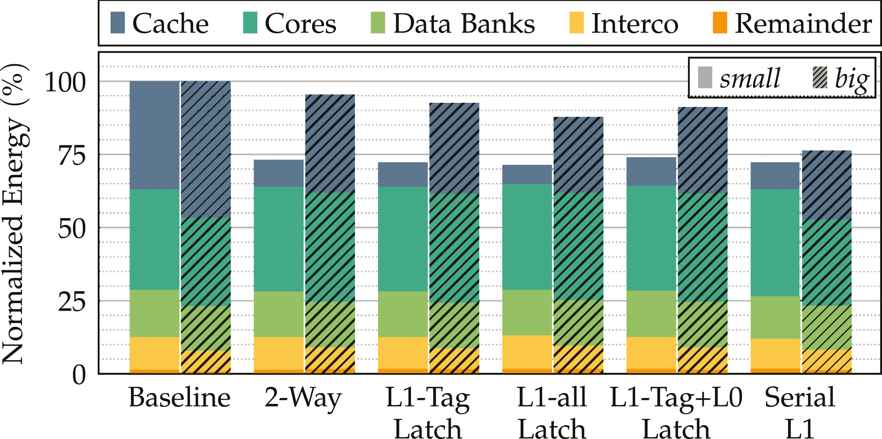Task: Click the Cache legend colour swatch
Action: pos(117,23)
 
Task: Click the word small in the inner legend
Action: pos(750,78)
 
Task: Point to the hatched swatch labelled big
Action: pos(820,78)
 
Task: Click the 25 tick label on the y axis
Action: pos(72,302)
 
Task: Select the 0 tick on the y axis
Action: pos(79,375)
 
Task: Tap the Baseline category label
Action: pos(180,397)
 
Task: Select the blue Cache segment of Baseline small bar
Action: pos(154,135)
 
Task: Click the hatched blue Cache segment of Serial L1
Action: pos(826,185)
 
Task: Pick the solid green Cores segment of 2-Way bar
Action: pos(279,239)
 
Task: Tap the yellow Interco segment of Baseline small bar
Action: pos(154,353)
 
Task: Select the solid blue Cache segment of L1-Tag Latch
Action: pos(403,174)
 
